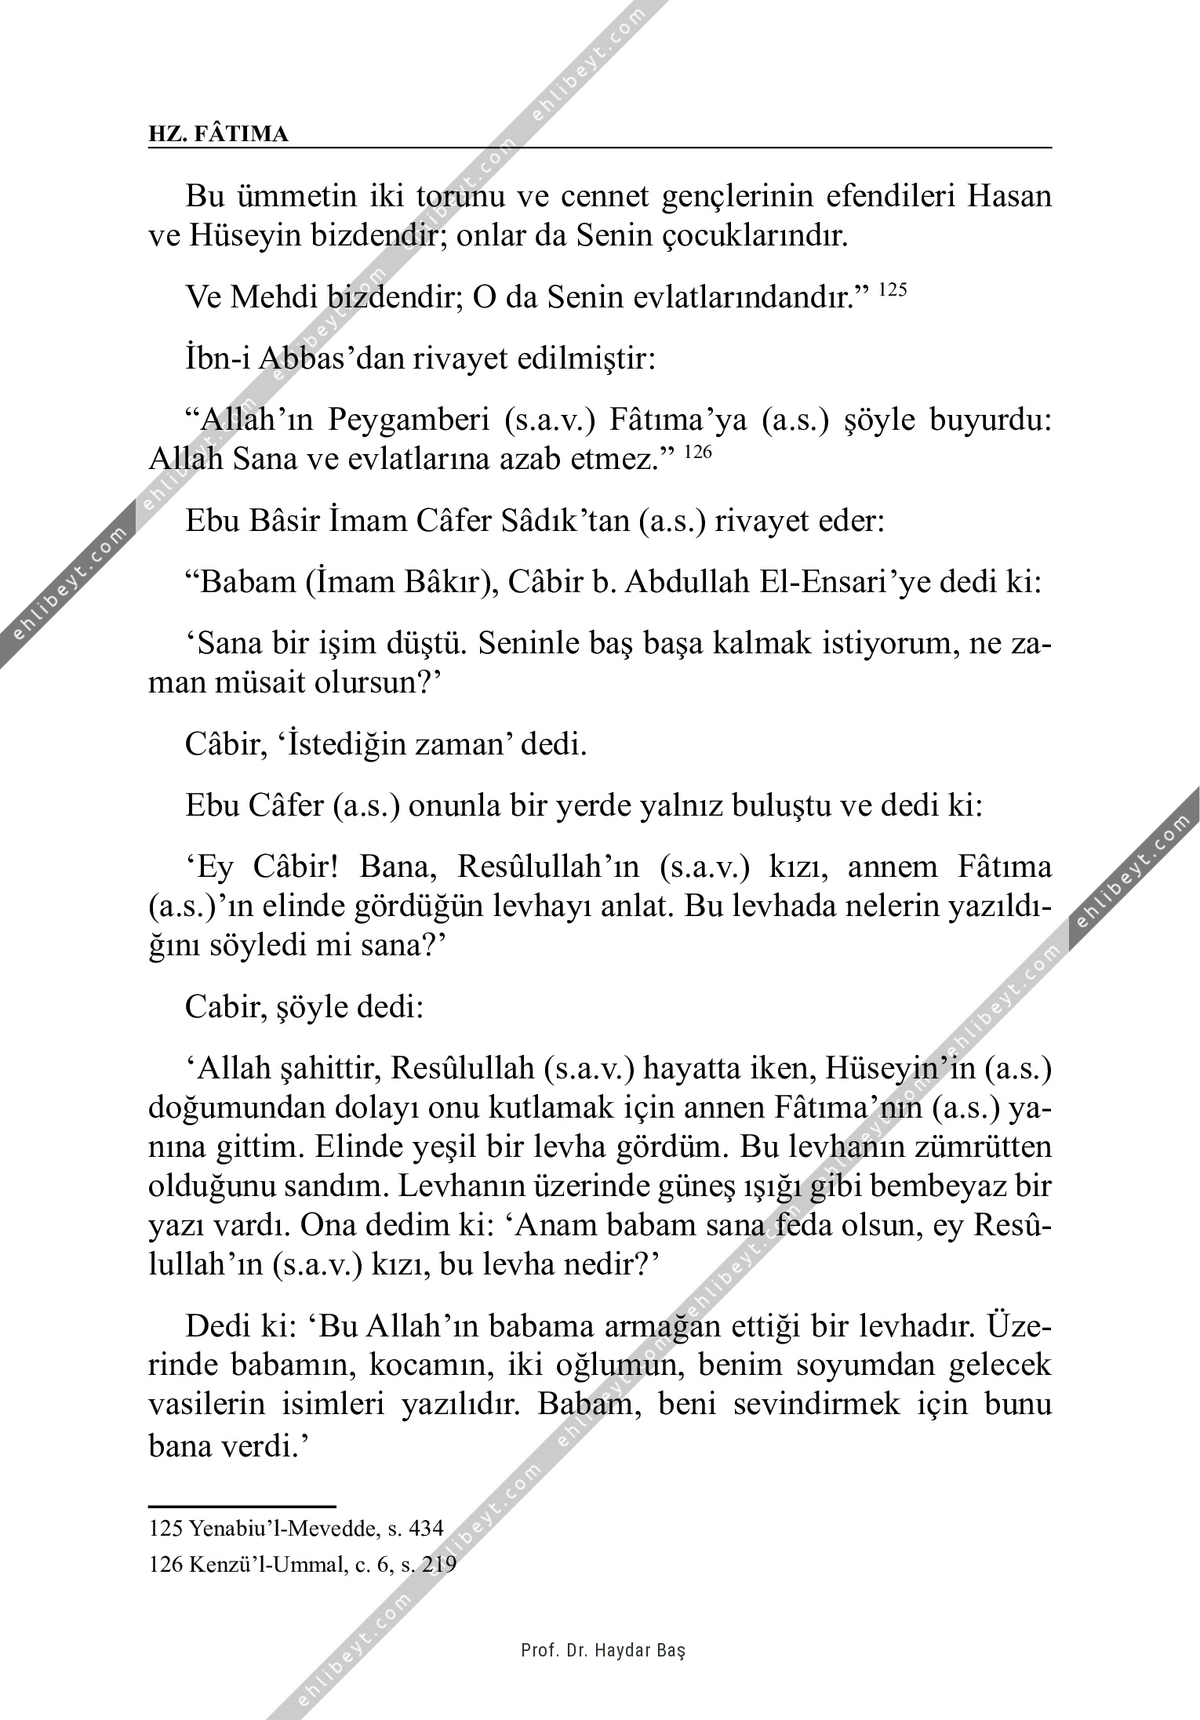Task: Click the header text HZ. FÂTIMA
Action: (218, 134)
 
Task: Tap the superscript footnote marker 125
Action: (892, 290)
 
